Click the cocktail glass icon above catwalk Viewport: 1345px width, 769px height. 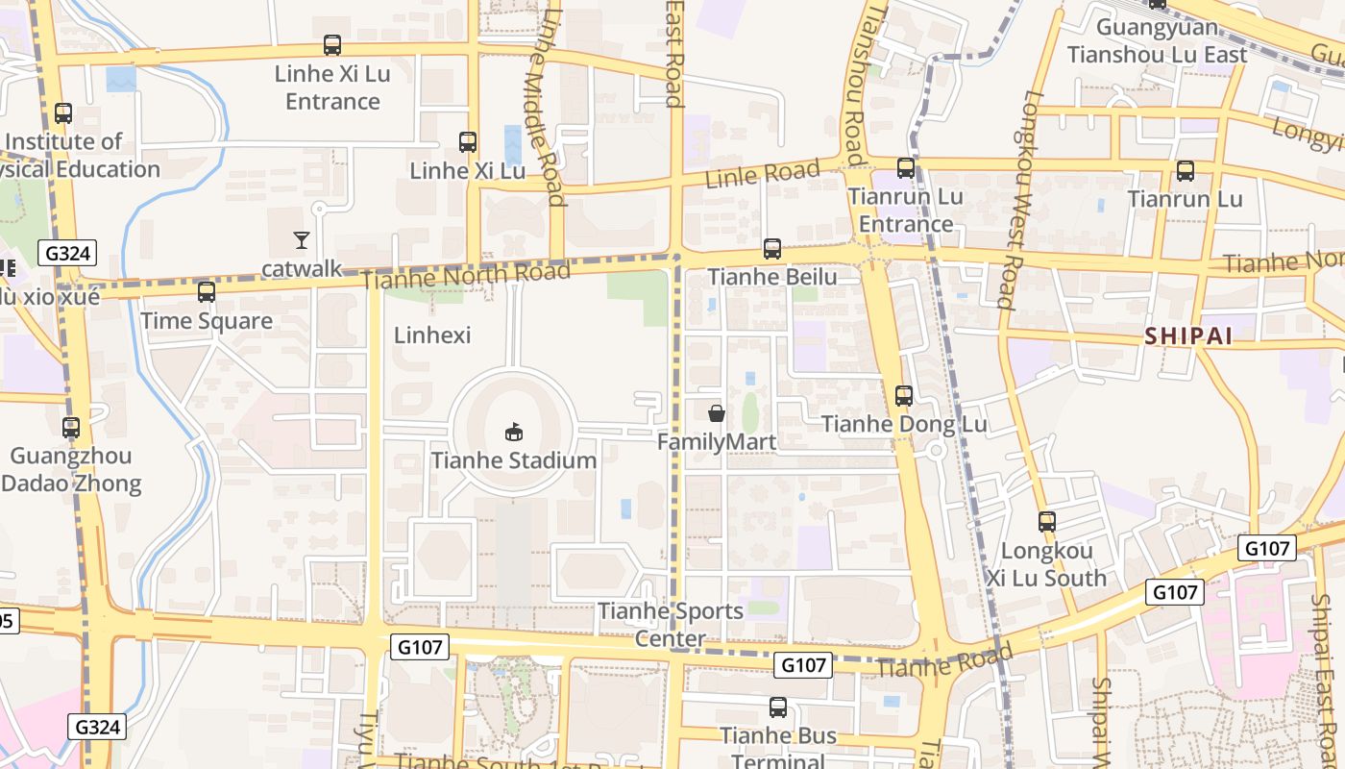click(302, 239)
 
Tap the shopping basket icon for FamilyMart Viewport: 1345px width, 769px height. click(717, 413)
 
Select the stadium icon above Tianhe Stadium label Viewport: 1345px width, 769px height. click(514, 432)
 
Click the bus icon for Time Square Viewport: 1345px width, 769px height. click(206, 291)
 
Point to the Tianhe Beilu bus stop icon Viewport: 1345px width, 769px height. click(771, 249)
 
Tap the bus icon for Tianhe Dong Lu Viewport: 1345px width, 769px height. click(903, 395)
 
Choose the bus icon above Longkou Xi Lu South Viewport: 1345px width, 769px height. click(1047, 522)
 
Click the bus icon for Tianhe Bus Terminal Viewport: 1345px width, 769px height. click(778, 707)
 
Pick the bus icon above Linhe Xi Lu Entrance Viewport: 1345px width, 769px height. click(332, 45)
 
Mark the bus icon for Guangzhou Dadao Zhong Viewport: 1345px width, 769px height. click(71, 427)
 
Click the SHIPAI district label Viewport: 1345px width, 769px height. click(1187, 335)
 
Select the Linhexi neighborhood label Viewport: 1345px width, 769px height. click(432, 335)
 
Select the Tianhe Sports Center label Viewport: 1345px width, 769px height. click(671, 624)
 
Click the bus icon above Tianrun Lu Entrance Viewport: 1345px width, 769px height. click(905, 168)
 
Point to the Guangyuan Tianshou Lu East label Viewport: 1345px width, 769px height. click(1157, 41)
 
